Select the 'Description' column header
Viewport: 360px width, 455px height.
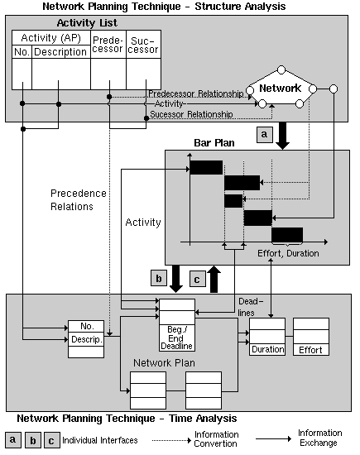(x=60, y=52)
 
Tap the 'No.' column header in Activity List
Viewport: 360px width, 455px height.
(x=22, y=52)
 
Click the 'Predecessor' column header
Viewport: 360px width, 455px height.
(x=108, y=45)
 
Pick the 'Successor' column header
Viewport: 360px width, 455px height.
(x=142, y=45)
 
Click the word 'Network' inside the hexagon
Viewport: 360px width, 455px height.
(x=281, y=88)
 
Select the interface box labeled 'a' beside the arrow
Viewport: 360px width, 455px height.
(x=264, y=134)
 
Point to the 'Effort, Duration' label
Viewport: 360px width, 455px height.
(x=289, y=253)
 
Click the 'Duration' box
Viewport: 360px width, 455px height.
(x=267, y=349)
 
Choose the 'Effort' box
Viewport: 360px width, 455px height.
(x=311, y=349)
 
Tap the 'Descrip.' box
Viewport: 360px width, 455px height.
(x=86, y=338)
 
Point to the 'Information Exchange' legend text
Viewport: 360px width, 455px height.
(x=319, y=438)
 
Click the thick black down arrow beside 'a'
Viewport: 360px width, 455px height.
(x=284, y=136)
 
